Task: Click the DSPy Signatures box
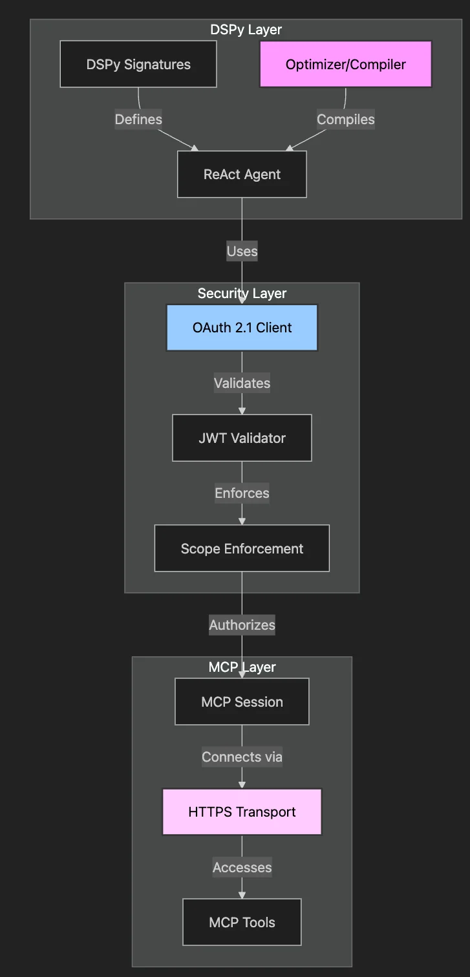[138, 64]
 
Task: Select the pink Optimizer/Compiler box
[345, 64]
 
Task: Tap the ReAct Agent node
[242, 175]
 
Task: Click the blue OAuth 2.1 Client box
[242, 327]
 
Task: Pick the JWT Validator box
[242, 438]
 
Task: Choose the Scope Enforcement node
[242, 548]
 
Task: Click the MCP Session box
[242, 702]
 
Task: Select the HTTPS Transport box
[242, 812]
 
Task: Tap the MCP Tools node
[242, 922]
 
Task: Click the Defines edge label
[138, 120]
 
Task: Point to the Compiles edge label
[345, 120]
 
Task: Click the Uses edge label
[242, 252]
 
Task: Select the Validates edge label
[242, 383]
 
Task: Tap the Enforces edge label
[242, 493]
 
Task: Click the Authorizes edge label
[242, 625]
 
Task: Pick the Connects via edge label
[242, 757]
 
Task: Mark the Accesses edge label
[242, 868]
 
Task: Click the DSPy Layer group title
[246, 30]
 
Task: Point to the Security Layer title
[242, 294]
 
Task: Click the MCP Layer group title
[242, 667]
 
